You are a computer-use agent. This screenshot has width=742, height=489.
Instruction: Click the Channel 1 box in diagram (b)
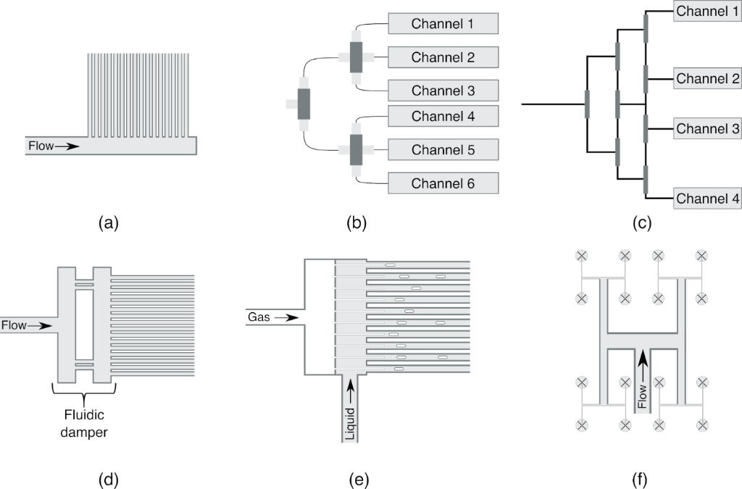[x=443, y=24]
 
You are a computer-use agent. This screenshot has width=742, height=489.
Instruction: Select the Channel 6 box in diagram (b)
[x=443, y=183]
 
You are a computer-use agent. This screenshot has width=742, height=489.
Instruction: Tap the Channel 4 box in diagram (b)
[x=443, y=116]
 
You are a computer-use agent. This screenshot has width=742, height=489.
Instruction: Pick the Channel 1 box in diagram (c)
[x=706, y=12]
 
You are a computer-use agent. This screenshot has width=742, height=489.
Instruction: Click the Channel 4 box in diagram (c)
[x=706, y=198]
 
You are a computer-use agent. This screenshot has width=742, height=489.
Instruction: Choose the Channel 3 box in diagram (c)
[x=706, y=129]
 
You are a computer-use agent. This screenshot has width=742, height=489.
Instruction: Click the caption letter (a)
[x=108, y=223]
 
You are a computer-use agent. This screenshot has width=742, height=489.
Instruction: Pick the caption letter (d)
[x=108, y=479]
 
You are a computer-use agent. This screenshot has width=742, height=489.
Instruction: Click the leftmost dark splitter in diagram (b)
[x=303, y=104]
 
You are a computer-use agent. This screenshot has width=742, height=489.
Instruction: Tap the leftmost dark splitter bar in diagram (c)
[x=586, y=104]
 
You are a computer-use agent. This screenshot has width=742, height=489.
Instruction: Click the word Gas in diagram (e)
[x=259, y=317]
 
